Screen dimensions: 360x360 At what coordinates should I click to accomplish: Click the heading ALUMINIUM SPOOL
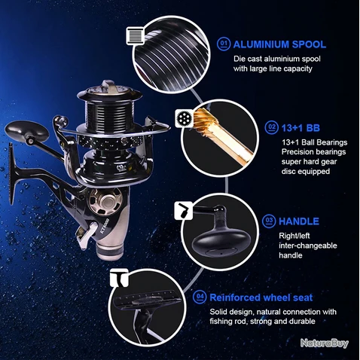pos(279,44)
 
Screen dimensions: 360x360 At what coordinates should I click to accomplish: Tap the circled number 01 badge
pos(224,44)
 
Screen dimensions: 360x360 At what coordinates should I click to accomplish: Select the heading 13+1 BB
pos(301,128)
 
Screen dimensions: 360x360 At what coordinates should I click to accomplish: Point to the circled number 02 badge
pos(272,127)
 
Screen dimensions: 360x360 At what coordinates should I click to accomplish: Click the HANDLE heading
pos(299,221)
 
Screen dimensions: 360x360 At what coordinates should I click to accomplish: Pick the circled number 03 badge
pos(269,221)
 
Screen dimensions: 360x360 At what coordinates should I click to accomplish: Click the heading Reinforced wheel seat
pos(261,297)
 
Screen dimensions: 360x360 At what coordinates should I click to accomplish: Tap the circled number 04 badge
pos(200,297)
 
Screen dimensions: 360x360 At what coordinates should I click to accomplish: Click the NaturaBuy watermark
pos(325,343)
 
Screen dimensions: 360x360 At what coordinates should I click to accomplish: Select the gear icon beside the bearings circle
pos(184,118)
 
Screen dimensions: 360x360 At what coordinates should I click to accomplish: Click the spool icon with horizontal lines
pos(136,35)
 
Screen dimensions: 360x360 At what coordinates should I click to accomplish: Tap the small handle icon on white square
pos(183,210)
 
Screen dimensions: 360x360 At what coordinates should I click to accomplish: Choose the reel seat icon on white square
pos(120,278)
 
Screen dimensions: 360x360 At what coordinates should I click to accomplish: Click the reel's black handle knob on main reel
pos(26,130)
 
